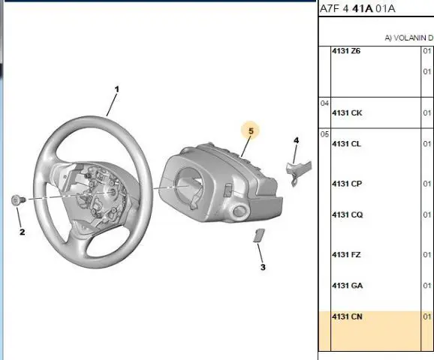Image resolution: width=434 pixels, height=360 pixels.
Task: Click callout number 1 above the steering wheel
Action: pyautogui.click(x=117, y=89)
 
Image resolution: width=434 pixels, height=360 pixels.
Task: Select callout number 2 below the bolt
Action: pyautogui.click(x=22, y=232)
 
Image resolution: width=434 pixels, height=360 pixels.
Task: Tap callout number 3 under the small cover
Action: pyautogui.click(x=263, y=267)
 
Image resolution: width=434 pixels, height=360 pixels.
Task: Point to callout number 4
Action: pyautogui.click(x=296, y=140)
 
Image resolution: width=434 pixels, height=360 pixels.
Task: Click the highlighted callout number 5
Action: pyautogui.click(x=251, y=130)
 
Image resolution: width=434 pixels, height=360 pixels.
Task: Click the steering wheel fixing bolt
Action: pyautogui.click(x=18, y=200)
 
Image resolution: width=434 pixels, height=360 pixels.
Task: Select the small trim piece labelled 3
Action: pyautogui.click(x=259, y=235)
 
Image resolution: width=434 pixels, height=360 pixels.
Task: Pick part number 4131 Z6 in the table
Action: pyautogui.click(x=346, y=51)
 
